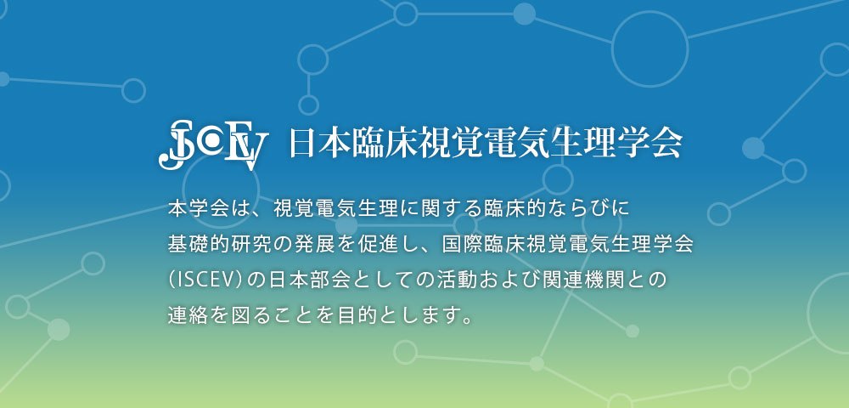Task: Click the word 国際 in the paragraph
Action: pos(461,244)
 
